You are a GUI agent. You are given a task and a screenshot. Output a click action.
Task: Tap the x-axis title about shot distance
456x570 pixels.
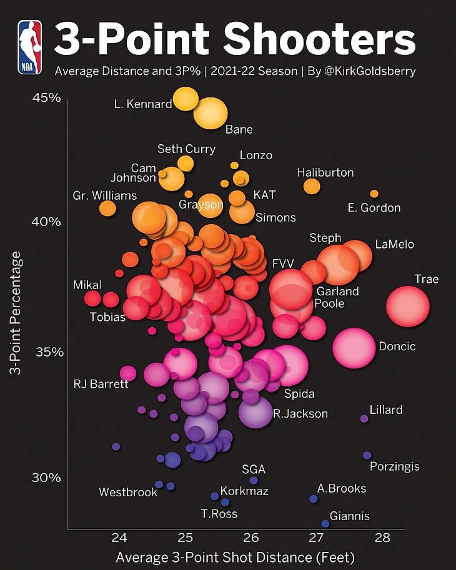235,556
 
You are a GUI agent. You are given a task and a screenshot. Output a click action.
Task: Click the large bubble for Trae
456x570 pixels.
408,306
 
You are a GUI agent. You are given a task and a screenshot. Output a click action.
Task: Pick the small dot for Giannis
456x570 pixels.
325,524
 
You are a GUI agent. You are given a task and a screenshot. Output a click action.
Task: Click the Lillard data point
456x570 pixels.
365,419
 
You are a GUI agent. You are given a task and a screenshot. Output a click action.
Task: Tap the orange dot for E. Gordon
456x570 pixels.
374,194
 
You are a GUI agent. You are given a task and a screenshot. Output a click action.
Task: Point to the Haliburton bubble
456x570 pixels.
312,186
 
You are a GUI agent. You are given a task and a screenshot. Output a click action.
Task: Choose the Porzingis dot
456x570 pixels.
367,455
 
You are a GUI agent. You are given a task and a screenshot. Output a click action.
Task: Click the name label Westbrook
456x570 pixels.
128,493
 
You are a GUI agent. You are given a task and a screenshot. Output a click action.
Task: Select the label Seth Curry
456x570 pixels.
186,149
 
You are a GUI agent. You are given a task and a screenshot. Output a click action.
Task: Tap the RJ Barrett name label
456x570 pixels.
101,384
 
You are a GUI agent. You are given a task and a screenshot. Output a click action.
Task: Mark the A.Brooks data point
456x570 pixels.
314,498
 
